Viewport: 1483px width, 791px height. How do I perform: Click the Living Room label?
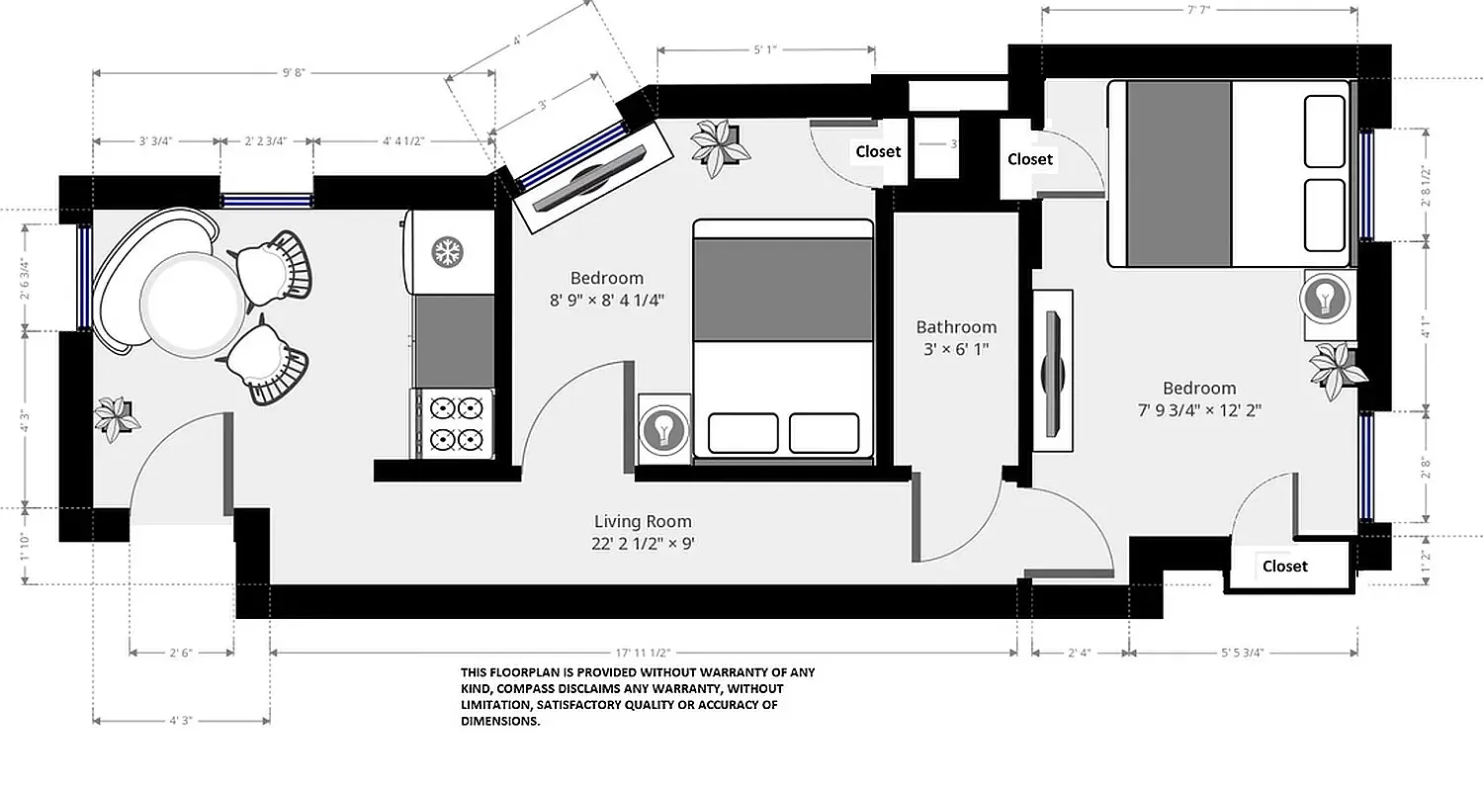pyautogui.click(x=643, y=521)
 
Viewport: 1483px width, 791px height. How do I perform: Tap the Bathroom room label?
pyautogui.click(x=956, y=327)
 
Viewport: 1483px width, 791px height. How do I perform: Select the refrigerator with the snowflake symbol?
pyautogui.click(x=447, y=252)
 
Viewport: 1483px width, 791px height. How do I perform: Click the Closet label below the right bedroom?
pyautogui.click(x=1284, y=567)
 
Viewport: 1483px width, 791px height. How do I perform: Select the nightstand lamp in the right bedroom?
pyautogui.click(x=1325, y=297)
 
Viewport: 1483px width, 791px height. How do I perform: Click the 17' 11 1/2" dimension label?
pyautogui.click(x=643, y=653)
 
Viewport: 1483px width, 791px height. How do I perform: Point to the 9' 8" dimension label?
pyautogui.click(x=294, y=72)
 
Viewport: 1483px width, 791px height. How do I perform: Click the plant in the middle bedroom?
pyautogui.click(x=719, y=145)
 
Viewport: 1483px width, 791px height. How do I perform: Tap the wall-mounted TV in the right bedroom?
pyautogui.click(x=1052, y=372)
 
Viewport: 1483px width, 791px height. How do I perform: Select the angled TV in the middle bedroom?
pyautogui.click(x=590, y=178)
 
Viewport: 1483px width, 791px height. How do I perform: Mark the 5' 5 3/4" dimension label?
pyautogui.click(x=1242, y=653)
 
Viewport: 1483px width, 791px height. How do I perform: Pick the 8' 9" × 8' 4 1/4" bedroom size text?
pyautogui.click(x=606, y=299)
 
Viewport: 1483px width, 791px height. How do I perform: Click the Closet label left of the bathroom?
pyautogui.click(x=878, y=151)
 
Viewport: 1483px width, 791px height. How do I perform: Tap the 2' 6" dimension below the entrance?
pyautogui.click(x=181, y=653)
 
